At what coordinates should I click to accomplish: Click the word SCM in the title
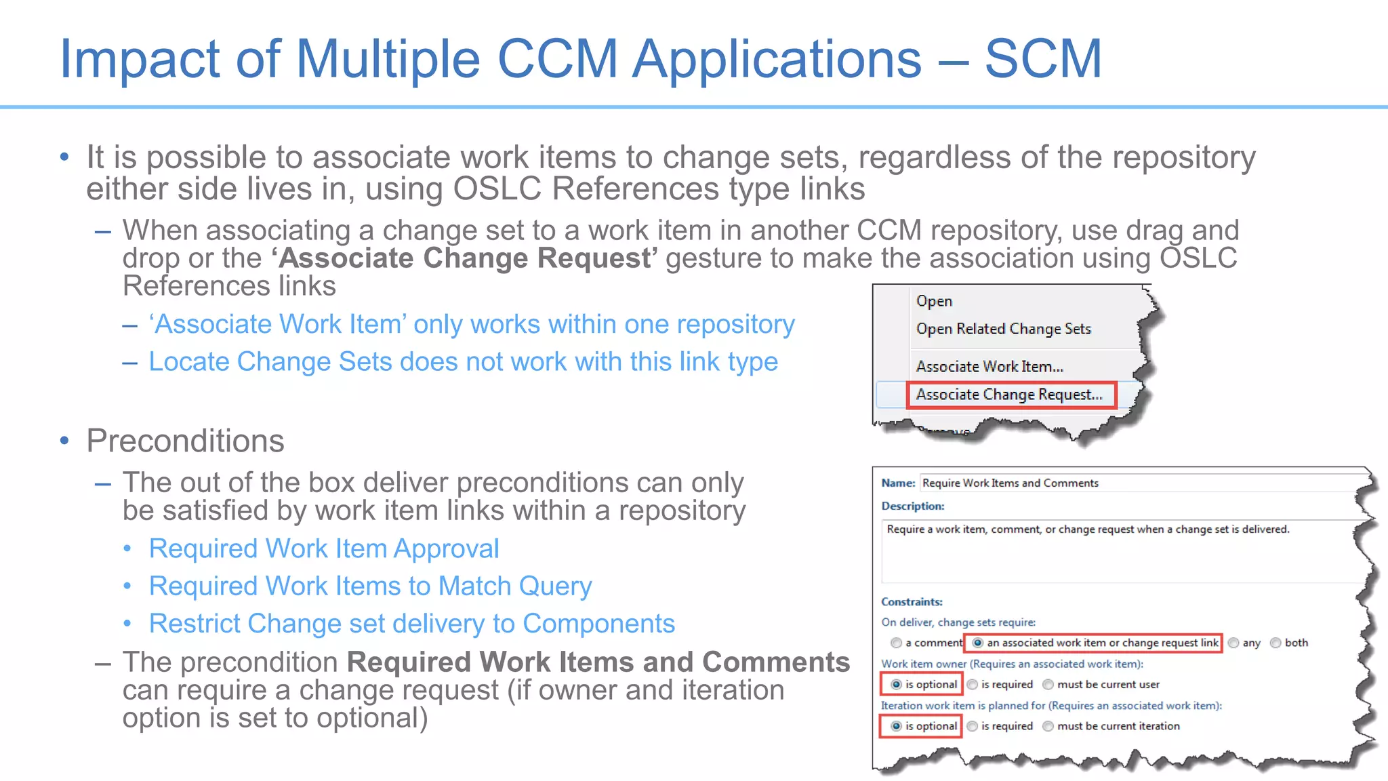click(1042, 59)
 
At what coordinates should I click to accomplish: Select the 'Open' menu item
click(934, 301)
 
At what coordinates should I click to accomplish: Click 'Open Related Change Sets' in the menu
click(1003, 329)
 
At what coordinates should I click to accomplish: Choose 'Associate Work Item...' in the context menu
click(989, 367)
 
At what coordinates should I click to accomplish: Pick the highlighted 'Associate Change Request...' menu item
click(1009, 395)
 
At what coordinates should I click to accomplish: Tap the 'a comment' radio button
click(897, 643)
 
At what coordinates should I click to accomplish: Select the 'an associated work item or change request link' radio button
click(978, 643)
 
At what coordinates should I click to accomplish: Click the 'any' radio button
click(1233, 643)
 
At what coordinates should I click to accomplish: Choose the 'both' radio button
click(1275, 643)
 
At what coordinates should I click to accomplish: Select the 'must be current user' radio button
click(1048, 685)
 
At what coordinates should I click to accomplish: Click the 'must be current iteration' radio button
click(1048, 726)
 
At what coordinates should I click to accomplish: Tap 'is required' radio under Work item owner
click(973, 685)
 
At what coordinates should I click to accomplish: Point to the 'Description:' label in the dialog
click(913, 506)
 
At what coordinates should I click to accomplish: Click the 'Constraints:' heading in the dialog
click(912, 601)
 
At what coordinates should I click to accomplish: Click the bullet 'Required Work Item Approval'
click(324, 548)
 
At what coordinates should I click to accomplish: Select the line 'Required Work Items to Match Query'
click(370, 586)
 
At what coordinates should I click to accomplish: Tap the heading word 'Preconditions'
click(185, 441)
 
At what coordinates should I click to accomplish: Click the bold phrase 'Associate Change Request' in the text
click(465, 258)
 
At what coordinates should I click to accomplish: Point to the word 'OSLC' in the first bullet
click(497, 188)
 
